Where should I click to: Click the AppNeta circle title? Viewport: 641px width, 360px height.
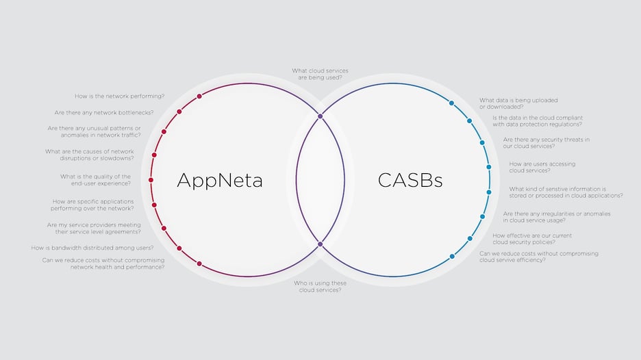click(220, 180)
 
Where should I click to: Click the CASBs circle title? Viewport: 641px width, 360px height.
click(410, 180)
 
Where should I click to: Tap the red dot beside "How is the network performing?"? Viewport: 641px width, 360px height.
click(199, 97)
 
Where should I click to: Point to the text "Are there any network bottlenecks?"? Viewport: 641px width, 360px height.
click(103, 112)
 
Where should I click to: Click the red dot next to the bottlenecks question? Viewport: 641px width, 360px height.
click(179, 112)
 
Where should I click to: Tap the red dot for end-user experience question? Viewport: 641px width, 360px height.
click(151, 180)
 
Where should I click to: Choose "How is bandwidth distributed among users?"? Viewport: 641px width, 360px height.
click(92, 248)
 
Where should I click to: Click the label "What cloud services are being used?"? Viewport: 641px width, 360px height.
click(320, 74)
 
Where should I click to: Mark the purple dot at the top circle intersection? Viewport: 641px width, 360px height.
click(320, 116)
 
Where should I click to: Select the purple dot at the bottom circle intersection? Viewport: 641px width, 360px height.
click(320, 244)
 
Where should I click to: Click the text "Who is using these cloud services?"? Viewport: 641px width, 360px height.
click(320, 286)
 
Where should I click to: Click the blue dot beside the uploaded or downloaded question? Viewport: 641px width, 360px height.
click(451, 103)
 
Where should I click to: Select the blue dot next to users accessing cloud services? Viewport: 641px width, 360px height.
click(488, 167)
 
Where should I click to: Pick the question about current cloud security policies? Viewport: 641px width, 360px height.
click(532, 239)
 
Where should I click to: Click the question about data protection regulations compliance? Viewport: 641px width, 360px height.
click(538, 120)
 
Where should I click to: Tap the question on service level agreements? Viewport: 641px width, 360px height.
click(94, 228)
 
